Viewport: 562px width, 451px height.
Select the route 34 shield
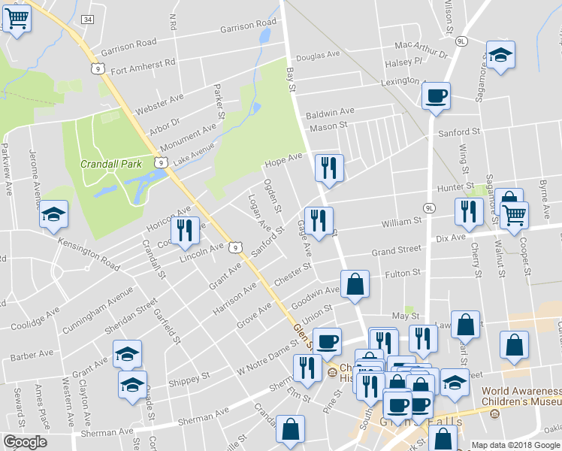89,19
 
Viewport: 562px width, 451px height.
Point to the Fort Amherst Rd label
142,66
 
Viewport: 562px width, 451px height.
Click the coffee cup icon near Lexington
436,96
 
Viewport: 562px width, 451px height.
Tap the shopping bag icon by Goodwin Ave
355,285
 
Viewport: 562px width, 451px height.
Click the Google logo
25,442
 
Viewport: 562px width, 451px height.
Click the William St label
400,222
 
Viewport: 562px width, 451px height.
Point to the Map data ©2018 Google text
515,445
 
